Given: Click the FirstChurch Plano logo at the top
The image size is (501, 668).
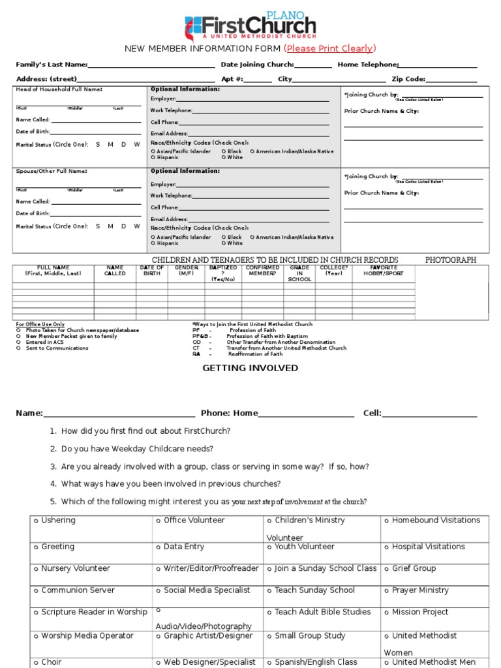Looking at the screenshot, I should [250, 25].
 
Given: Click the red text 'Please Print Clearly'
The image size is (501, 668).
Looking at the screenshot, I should [330, 49].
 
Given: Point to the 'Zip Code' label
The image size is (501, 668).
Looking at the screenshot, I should [408, 79].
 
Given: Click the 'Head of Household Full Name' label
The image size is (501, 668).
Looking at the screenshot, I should [59, 89].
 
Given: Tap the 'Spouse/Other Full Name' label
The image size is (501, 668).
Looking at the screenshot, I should [52, 171].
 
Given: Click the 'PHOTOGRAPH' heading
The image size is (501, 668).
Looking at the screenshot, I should [451, 260].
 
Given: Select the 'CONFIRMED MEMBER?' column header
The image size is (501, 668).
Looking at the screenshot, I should [262, 271].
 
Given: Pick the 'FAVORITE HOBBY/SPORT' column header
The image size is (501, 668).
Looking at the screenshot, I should [384, 271].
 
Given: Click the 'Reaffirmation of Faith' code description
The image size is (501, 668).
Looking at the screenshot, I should [255, 354].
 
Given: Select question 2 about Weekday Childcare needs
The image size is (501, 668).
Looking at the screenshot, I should [137, 449].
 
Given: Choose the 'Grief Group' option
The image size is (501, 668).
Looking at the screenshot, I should [410, 569].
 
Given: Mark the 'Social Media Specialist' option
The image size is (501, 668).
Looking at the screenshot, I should [203, 590].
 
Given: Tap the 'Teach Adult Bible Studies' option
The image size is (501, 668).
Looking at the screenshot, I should [319, 612].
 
